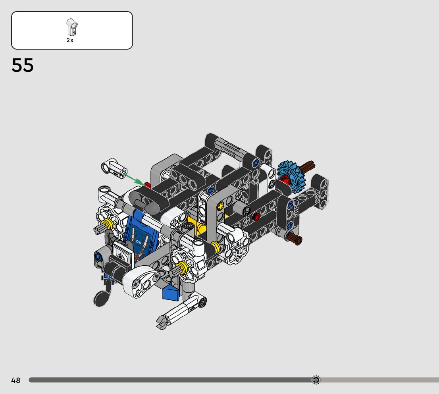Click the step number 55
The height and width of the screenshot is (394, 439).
point(22,65)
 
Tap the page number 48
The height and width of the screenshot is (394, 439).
point(16,380)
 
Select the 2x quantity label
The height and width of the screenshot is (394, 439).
point(70,40)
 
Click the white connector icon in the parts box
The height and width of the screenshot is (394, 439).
point(72,27)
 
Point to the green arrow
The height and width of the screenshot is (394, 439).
point(133,180)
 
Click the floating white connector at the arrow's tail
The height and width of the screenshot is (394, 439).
point(114,168)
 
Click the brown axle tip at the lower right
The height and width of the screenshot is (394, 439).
point(295,239)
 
